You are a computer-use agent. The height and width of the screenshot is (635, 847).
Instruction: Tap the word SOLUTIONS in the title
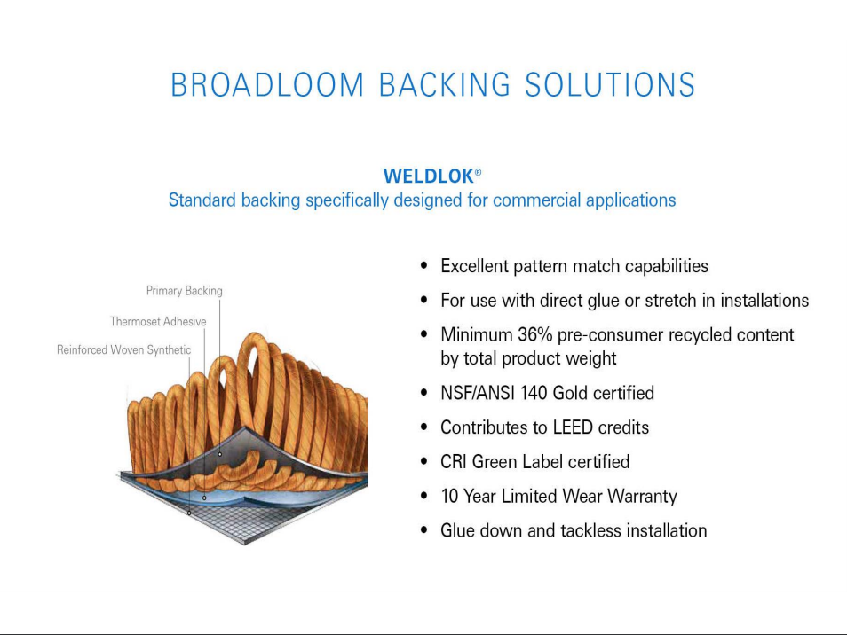610,85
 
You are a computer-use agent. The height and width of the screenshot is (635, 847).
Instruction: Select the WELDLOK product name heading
428,176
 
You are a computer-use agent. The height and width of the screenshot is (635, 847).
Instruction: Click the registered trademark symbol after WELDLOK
478,172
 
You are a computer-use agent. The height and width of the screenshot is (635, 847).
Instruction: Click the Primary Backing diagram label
184,291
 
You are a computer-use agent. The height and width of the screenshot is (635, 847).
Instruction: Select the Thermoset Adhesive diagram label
158,322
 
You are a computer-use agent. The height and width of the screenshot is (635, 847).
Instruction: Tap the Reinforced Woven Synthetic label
123,350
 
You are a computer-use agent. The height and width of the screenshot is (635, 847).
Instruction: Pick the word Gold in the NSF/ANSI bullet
578,393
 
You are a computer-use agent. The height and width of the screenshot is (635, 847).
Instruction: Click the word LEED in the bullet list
573,427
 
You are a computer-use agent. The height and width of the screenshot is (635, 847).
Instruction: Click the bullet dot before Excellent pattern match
424,266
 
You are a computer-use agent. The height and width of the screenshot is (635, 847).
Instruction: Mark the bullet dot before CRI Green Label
424,462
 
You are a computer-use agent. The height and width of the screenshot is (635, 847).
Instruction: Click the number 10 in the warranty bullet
449,497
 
